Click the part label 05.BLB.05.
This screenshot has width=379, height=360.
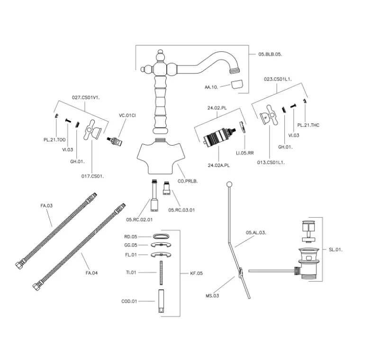point(270,55)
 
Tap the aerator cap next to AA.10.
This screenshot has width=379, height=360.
point(236,85)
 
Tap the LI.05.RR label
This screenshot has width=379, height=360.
point(246,152)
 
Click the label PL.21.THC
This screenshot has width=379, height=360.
point(308,125)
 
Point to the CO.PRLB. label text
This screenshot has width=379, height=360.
point(187,181)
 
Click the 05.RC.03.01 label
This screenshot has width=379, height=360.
point(181,209)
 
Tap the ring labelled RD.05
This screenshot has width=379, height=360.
point(161,235)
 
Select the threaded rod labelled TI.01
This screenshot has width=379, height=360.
point(161,272)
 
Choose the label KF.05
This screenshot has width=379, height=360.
point(196,273)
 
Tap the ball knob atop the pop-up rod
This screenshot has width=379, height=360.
point(229,184)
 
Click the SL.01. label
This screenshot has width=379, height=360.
point(336,249)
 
